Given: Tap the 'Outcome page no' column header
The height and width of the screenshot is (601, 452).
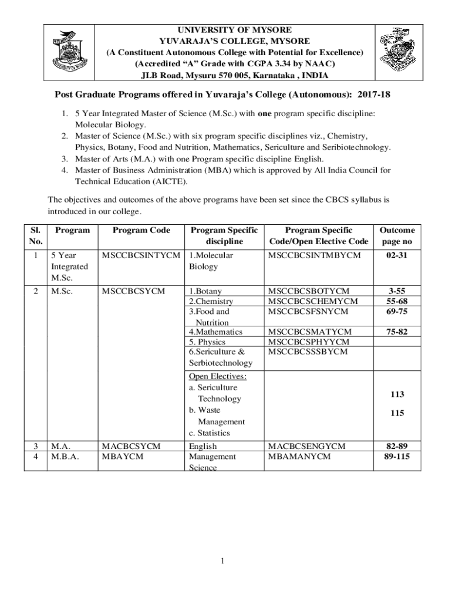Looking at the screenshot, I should [x=397, y=235].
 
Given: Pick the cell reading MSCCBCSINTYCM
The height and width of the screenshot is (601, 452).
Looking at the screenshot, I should [x=141, y=255].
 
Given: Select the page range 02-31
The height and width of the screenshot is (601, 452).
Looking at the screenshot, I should [x=397, y=255].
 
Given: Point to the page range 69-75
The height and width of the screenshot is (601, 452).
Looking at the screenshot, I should [x=397, y=312].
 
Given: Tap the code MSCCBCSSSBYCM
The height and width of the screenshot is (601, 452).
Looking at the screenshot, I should [x=308, y=352].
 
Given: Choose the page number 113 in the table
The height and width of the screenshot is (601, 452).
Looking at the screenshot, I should [x=397, y=394].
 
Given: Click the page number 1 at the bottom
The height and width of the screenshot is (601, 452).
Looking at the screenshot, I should [x=223, y=561].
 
